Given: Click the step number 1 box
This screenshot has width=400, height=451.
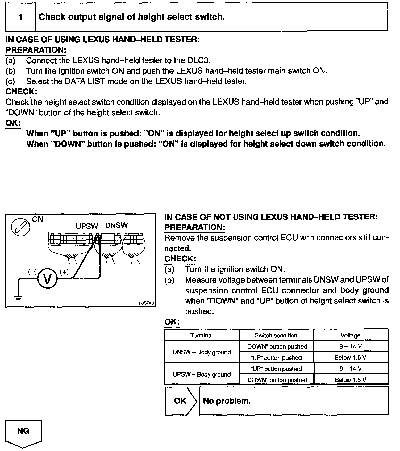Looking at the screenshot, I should tap(20, 17).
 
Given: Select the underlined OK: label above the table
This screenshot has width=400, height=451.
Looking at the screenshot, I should tap(172, 322).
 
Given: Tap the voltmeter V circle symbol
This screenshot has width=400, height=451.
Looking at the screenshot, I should tap(47, 279).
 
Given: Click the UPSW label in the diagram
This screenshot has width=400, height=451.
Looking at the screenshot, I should tap(87, 226).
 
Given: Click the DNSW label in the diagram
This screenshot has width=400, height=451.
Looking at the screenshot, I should tap(116, 225).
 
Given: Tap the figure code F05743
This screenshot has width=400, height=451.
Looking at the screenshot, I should tap(146, 303).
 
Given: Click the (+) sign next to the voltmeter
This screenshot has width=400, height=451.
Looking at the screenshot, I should tap(64, 272).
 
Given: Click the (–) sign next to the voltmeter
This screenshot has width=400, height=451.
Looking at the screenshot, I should tap(32, 272).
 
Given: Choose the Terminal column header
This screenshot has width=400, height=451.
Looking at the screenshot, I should tap(202, 335).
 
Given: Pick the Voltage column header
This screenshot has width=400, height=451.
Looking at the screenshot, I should tap(351, 335).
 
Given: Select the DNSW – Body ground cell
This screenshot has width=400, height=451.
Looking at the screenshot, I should tap(202, 352).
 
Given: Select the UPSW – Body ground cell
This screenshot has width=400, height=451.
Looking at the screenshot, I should tap(202, 374).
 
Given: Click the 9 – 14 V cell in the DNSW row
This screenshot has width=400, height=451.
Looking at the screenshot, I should tap(351, 346).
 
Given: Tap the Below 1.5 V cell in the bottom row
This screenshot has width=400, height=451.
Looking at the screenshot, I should tap(351, 380).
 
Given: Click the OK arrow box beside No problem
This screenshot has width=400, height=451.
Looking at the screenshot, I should tap(181, 401).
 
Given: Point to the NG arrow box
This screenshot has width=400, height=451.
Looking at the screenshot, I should tap(23, 431).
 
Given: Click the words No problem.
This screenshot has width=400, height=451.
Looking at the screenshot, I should tap(227, 401).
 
